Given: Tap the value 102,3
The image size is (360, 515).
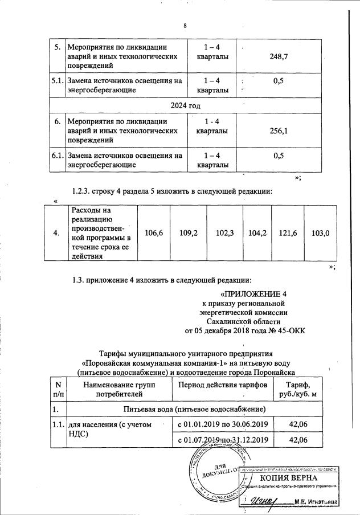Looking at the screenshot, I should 224,232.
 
